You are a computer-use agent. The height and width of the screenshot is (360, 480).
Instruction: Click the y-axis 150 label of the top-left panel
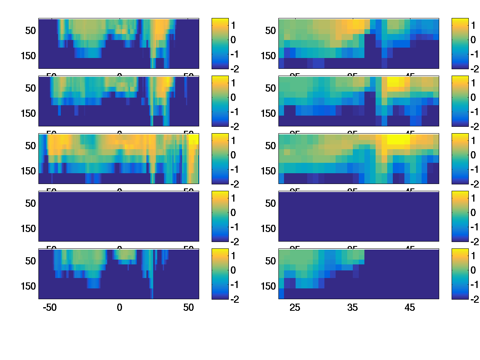click(28, 56)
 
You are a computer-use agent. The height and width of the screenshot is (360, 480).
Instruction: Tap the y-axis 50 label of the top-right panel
click(271, 30)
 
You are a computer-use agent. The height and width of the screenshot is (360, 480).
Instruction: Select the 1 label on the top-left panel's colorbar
click(233, 25)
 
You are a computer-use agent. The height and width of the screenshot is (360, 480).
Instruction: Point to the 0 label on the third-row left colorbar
click(233, 155)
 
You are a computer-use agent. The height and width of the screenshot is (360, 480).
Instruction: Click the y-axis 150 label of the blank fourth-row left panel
click(28, 228)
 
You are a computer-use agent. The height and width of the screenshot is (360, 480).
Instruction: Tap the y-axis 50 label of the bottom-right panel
click(271, 261)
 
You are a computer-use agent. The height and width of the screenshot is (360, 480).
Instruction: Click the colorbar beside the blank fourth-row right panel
click(460, 216)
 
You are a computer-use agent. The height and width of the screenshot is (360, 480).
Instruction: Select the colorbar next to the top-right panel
click(460, 43)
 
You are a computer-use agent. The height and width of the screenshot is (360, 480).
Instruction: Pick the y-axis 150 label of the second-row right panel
click(268, 113)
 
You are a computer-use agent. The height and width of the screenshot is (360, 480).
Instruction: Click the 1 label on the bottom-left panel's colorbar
click(233, 256)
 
